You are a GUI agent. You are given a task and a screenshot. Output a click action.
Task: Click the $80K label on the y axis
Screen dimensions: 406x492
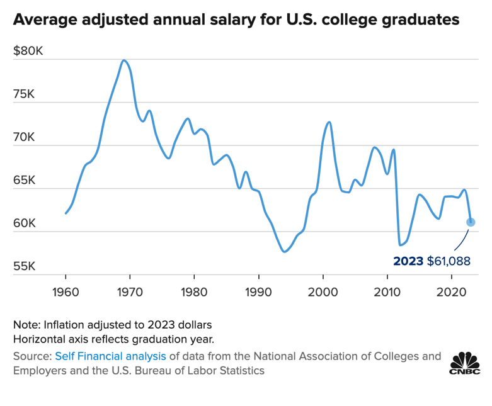(x=28, y=51)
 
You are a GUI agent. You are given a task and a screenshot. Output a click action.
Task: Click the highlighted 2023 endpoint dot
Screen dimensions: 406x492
(x=471, y=222)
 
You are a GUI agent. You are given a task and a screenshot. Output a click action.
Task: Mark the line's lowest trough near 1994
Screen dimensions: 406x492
(x=285, y=252)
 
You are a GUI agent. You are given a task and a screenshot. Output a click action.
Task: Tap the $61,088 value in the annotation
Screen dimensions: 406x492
(x=449, y=260)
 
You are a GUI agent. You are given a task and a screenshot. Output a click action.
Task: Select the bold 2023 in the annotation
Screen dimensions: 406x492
(x=408, y=260)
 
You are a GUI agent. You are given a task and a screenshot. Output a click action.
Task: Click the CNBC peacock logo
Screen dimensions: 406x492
(x=465, y=363)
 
